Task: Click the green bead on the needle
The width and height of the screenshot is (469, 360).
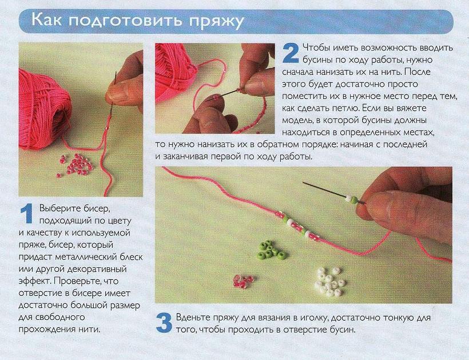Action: [x=353, y=200]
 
